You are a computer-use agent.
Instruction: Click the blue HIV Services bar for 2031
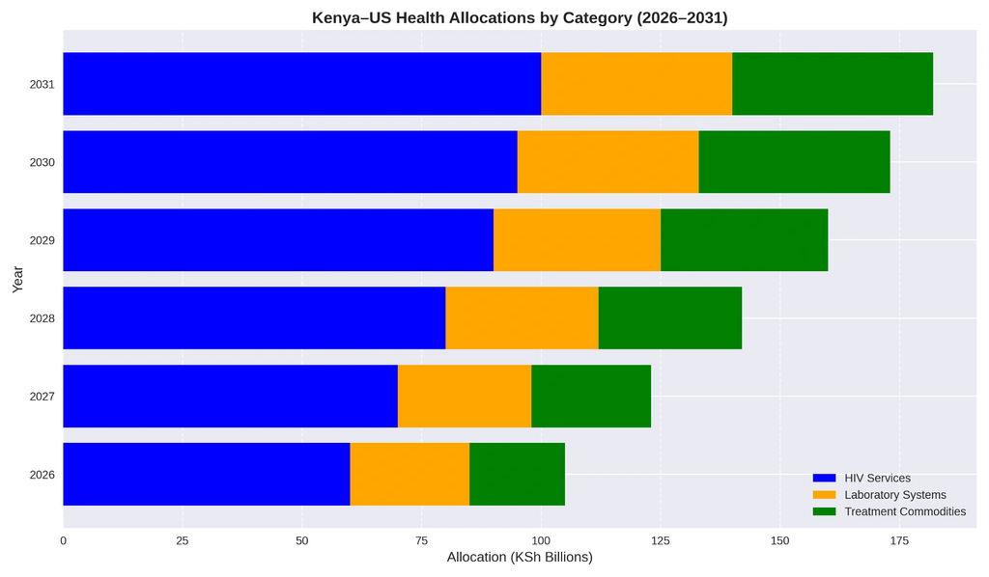click(x=301, y=84)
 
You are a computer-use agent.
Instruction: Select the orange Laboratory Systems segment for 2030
click(x=608, y=162)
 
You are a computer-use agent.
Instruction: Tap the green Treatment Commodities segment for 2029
click(x=744, y=240)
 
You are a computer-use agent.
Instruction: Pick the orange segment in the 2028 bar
click(x=522, y=318)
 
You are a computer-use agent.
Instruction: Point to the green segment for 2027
click(x=591, y=397)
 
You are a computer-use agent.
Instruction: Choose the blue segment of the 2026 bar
click(x=206, y=475)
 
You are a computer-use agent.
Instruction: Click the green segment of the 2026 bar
click(x=517, y=475)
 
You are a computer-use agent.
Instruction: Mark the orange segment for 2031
click(x=636, y=84)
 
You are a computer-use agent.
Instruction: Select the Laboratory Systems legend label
click(x=894, y=495)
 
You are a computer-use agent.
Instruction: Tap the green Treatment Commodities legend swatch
click(x=824, y=511)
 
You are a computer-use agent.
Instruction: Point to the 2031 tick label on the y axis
click(x=42, y=85)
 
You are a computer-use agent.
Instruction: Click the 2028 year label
click(x=42, y=318)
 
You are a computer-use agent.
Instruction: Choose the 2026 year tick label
click(x=42, y=475)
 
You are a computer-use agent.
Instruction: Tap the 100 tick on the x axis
click(x=541, y=541)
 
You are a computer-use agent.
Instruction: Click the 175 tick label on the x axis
click(x=899, y=541)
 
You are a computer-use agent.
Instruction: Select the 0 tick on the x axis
click(x=64, y=541)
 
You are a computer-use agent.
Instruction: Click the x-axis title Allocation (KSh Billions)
click(x=520, y=558)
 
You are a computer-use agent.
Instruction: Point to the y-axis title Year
click(x=18, y=279)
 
